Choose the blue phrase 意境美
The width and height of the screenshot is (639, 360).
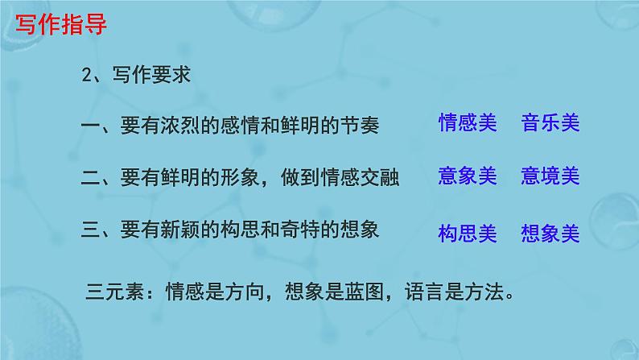tap(550, 176)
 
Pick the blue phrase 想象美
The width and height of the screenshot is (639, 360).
tap(550, 234)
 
